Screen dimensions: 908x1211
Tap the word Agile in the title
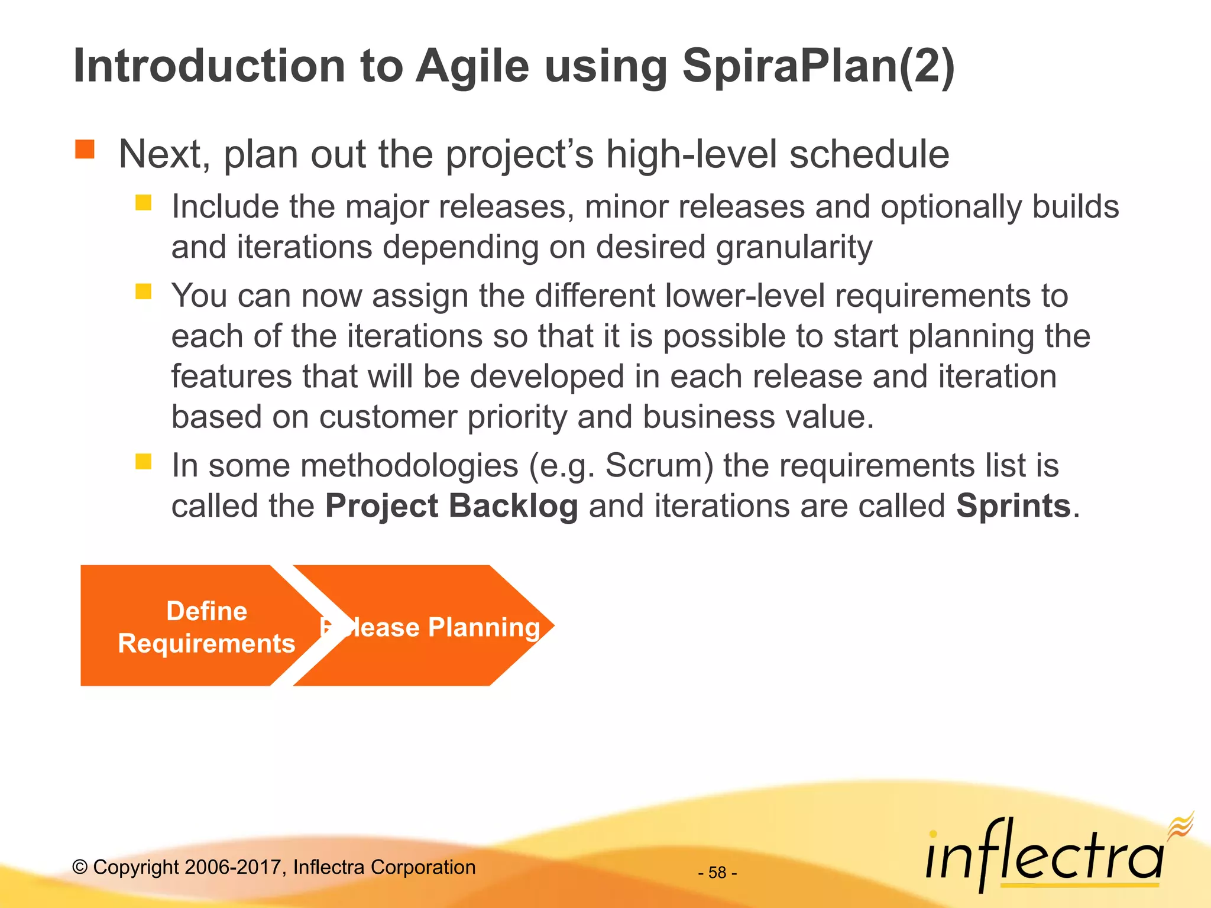(472, 66)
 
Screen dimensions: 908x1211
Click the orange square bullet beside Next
(85, 150)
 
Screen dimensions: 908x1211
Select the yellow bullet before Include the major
(143, 203)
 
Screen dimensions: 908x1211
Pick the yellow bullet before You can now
(143, 291)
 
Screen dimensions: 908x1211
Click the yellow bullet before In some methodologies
(143, 461)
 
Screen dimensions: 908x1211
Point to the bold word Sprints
(1013, 506)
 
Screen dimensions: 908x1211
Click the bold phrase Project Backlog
(451, 506)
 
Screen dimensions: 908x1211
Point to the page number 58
(717, 873)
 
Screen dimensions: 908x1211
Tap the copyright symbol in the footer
(80, 867)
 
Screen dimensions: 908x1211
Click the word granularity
(794, 247)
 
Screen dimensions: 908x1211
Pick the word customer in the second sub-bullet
(388, 417)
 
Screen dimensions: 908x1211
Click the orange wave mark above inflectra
(1181, 825)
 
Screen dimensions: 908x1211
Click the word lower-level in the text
(744, 296)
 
